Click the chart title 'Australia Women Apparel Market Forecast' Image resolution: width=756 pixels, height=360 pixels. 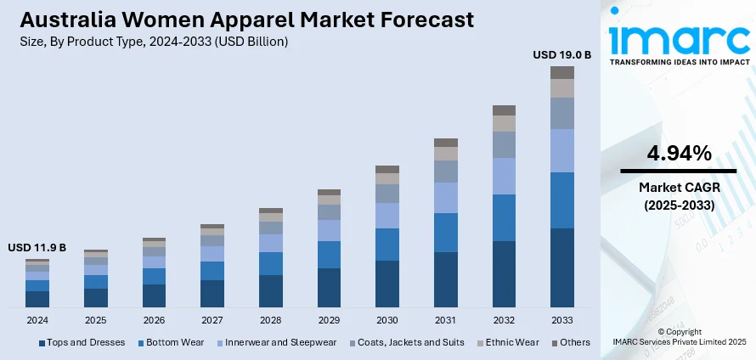point(247,20)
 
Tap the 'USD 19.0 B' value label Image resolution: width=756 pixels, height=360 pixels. point(561,54)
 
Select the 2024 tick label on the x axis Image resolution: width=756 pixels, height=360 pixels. point(37,320)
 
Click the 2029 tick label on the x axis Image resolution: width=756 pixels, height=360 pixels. point(329,320)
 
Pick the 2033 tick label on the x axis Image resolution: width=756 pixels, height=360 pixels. point(561,320)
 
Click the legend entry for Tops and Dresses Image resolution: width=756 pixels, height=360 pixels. point(82,342)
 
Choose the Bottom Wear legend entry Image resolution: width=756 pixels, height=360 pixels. point(172,342)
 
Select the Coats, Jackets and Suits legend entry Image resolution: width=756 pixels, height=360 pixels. point(408,342)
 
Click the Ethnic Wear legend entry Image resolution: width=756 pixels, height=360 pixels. point(512,342)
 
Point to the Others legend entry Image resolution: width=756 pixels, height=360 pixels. point(571,342)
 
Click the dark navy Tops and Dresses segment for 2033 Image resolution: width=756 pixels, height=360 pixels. point(561,267)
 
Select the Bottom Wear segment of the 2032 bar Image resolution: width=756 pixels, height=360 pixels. point(504,217)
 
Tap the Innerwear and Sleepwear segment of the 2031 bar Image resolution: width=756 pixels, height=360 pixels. point(446,197)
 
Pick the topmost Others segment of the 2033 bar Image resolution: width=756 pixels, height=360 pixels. point(561,72)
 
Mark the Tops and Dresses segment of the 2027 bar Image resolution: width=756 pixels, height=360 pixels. point(212,293)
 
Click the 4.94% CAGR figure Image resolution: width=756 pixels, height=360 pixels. point(679,154)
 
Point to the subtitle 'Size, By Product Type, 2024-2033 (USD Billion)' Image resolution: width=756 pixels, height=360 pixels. point(155,42)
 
